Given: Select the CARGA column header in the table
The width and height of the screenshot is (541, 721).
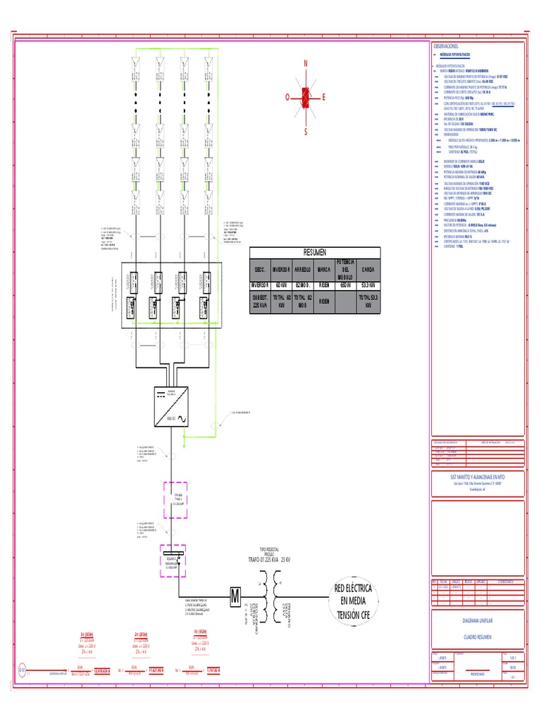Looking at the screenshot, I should click(368, 270).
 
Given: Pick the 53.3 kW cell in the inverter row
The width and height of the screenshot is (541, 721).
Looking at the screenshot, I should click(368, 286).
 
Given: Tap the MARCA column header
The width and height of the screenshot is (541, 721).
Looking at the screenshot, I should click(324, 270).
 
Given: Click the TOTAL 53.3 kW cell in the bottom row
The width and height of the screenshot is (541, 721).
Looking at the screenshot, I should click(368, 302).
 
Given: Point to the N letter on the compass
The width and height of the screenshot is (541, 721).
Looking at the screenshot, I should click(306, 64).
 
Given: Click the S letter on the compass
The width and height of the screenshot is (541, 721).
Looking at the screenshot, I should click(306, 131).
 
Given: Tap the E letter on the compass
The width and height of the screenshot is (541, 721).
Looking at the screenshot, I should click(323, 97).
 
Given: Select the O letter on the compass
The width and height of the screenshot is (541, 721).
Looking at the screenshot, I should click(287, 97).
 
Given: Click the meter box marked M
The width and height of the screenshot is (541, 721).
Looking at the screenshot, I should click(235, 596).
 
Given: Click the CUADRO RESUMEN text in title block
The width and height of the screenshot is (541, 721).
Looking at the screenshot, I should click(477, 637).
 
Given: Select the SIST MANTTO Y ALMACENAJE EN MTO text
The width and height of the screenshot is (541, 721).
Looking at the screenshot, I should click(477, 477).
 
